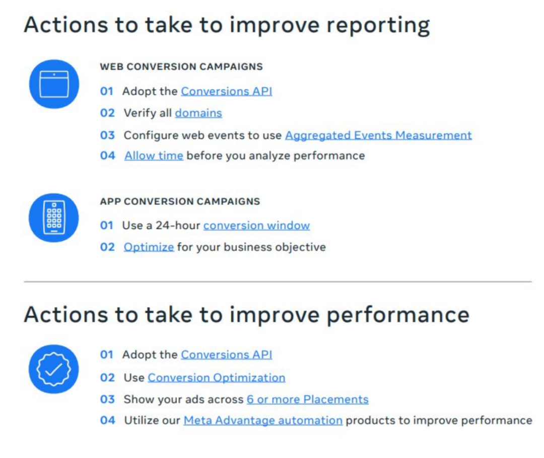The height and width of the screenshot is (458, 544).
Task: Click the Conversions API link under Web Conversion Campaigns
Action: [227, 91]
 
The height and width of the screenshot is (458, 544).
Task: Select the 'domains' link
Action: [198, 113]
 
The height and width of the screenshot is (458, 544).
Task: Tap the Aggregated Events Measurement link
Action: [378, 135]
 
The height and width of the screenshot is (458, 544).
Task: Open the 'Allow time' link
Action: [154, 156]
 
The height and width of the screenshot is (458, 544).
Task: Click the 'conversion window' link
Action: [257, 225]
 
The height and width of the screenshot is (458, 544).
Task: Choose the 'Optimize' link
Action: [149, 247]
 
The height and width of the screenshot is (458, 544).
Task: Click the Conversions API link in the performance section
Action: [227, 355]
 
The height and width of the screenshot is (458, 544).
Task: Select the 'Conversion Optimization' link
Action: [217, 377]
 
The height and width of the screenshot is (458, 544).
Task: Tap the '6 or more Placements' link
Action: [308, 400]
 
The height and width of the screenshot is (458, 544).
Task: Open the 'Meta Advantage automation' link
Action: [263, 421]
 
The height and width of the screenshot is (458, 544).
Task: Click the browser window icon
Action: [54, 84]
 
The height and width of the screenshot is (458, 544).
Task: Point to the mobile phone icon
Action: [54, 218]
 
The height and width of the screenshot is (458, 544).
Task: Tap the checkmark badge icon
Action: [54, 369]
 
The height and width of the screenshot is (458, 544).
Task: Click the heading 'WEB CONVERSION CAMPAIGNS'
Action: [181, 66]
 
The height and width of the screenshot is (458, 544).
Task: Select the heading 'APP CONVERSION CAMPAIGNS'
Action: [180, 201]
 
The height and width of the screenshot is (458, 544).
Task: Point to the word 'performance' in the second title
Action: [398, 316]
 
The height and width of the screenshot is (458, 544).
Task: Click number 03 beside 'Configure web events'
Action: [108, 135]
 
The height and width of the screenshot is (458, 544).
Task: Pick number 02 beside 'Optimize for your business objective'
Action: [108, 247]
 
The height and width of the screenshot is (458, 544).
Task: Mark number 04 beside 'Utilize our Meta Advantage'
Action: [108, 421]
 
